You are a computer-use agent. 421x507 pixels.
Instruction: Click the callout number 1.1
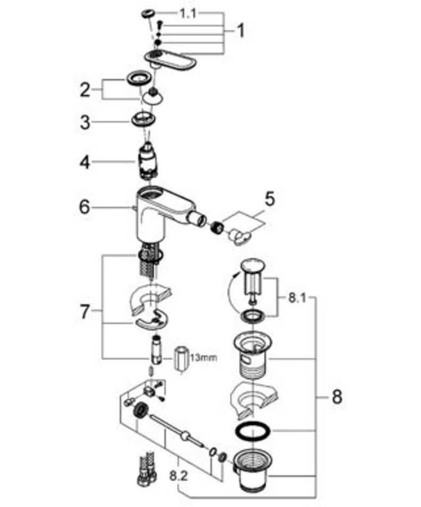(x=187, y=13)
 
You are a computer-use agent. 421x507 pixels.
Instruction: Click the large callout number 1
(x=240, y=31)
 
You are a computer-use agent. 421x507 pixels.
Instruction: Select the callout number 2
(x=85, y=89)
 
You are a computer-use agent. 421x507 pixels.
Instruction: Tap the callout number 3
(x=85, y=122)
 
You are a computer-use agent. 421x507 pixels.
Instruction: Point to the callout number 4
(x=85, y=162)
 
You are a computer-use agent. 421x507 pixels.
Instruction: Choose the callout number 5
(x=270, y=199)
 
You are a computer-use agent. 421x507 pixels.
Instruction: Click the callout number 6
(x=85, y=207)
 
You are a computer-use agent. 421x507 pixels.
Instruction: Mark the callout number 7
(x=85, y=311)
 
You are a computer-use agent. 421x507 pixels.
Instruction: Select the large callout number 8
(x=337, y=397)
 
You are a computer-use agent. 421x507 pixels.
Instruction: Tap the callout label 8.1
(x=297, y=298)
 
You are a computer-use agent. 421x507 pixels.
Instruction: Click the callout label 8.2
(x=179, y=476)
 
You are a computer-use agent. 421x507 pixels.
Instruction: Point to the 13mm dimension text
(x=204, y=358)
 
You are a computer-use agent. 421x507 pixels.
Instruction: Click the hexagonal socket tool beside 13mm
(x=181, y=360)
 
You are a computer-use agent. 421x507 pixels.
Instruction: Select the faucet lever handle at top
(x=171, y=61)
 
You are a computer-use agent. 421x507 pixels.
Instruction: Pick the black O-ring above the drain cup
(x=253, y=430)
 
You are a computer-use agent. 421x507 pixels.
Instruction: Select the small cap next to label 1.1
(x=149, y=13)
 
